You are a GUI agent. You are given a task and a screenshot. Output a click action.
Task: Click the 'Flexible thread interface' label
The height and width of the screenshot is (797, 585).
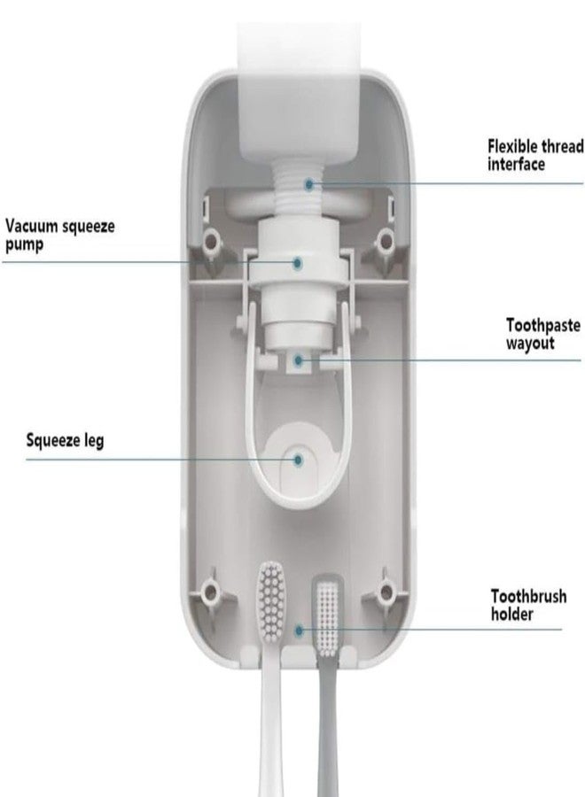coord(535,155)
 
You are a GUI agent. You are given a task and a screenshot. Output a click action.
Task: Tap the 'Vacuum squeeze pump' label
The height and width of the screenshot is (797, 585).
coord(60,235)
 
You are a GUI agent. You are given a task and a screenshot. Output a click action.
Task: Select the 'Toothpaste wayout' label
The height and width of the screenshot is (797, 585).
coord(542,334)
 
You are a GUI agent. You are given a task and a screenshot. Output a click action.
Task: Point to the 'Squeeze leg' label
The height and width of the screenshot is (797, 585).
coord(65,440)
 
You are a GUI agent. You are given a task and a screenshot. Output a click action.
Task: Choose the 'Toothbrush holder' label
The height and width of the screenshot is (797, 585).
coord(528,605)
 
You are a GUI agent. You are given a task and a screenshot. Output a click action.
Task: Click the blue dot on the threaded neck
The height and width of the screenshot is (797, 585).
coord(308,184)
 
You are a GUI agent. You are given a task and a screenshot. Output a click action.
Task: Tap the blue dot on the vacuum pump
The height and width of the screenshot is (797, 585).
coord(298,263)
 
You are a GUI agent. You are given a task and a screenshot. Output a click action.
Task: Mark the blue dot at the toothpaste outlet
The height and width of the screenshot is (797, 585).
coord(298,361)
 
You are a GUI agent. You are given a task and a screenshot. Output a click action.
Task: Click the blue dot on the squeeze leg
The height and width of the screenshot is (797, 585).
coord(298,460)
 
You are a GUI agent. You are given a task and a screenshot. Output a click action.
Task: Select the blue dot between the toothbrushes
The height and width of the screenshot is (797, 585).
coord(299,631)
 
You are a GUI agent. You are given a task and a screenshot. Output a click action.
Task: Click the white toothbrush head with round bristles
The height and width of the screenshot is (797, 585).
coord(271,600)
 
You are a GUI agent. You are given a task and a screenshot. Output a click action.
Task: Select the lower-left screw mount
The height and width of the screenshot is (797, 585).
coord(209,592)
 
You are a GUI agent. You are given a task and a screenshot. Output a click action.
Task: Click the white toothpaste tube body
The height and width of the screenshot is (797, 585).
coord(300,91)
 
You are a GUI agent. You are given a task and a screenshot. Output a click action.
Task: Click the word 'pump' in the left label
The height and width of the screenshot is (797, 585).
coord(25,245)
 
